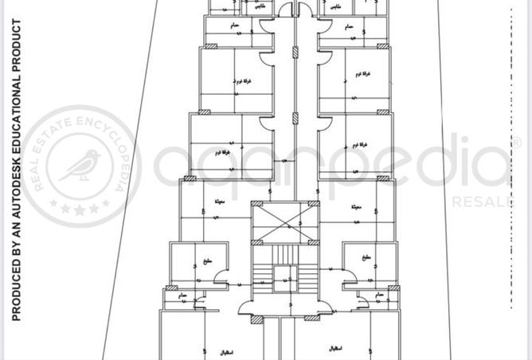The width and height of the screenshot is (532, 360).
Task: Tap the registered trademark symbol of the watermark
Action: point(515,143)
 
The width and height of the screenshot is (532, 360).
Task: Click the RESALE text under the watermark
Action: point(483,202)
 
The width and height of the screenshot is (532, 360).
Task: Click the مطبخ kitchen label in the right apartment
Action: point(366,258)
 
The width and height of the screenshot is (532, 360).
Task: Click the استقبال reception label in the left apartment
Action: point(246,351)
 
